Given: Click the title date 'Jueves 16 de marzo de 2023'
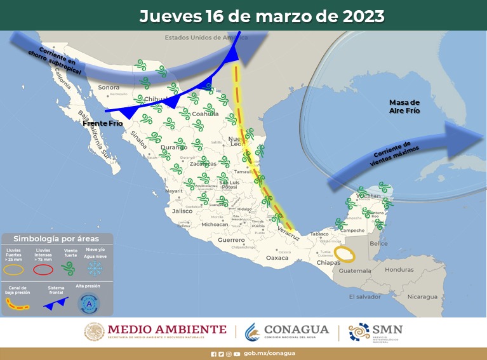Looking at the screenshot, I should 262,16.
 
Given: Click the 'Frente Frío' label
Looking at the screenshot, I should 102,123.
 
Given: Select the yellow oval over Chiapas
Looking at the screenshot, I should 345,255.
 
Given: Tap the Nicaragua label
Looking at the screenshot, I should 422,297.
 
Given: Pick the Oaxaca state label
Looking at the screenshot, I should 277,258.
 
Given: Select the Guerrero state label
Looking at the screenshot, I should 231,241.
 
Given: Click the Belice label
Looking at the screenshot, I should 378,243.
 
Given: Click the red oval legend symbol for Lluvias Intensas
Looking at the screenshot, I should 43,269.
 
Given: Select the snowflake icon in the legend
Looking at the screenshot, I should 94,269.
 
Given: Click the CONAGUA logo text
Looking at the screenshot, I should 297,330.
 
